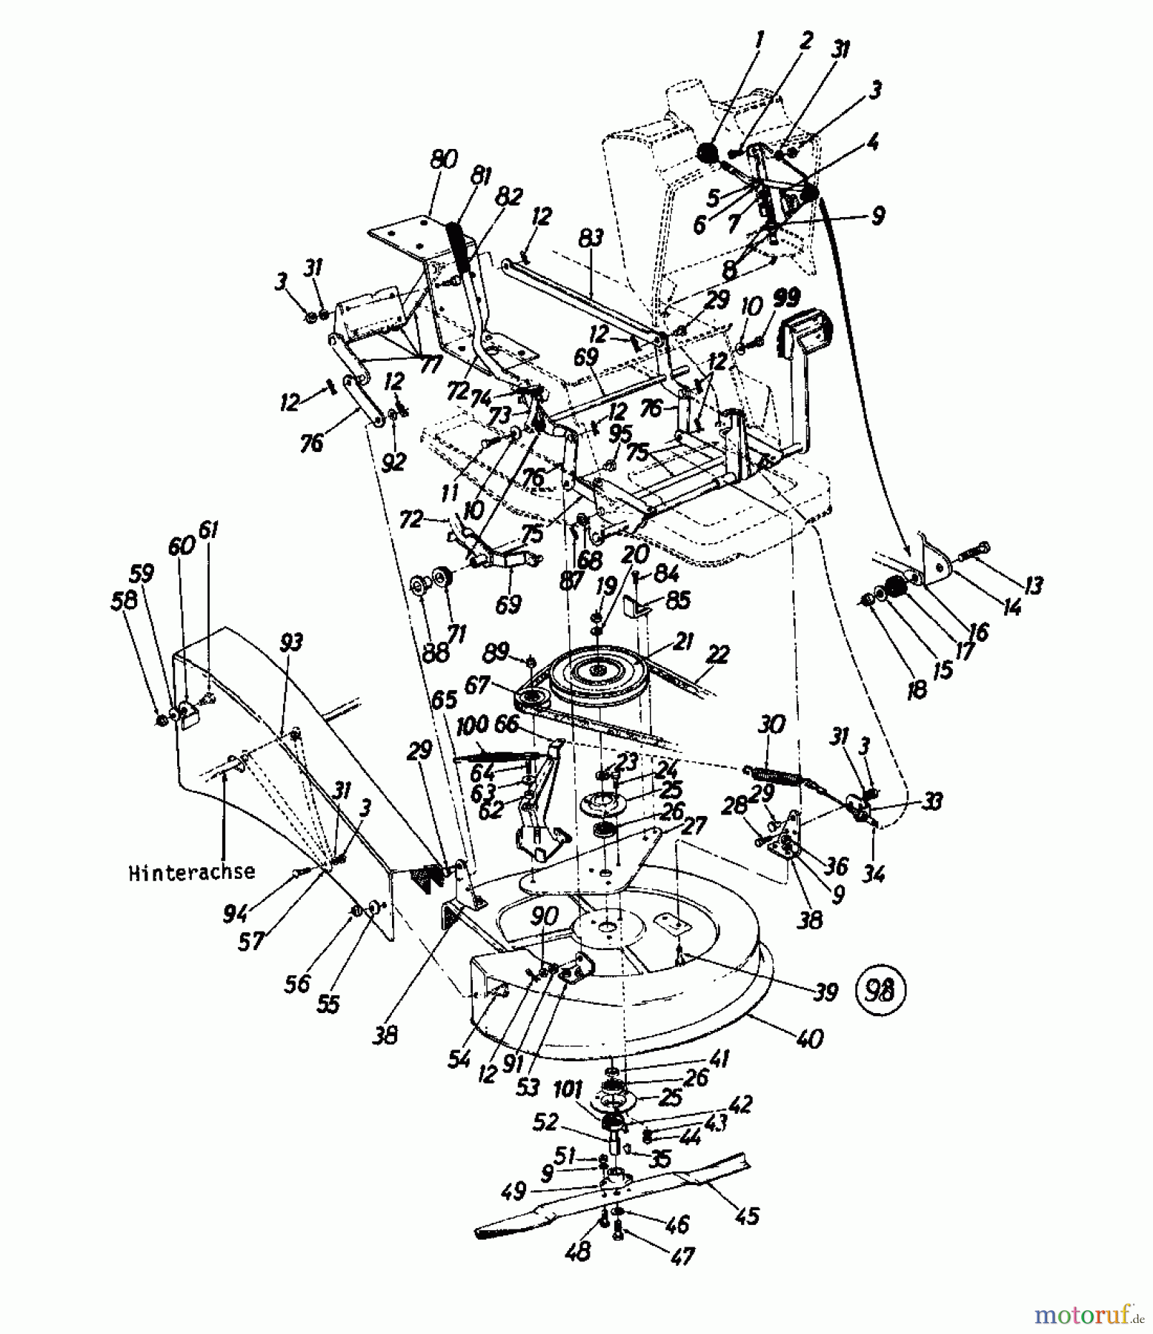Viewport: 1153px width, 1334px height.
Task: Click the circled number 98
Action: tap(880, 990)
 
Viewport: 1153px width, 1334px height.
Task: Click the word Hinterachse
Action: tap(191, 872)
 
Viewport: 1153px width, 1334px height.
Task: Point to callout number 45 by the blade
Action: tap(747, 1215)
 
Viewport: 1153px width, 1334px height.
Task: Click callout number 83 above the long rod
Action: tap(591, 239)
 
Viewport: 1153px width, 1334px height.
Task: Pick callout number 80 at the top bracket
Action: tap(443, 160)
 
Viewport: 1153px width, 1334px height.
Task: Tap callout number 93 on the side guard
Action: tap(292, 642)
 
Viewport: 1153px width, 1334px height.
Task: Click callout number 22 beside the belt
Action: tap(718, 654)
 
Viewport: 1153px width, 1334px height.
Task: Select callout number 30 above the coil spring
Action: tap(771, 724)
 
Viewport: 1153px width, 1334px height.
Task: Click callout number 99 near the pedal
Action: tap(785, 298)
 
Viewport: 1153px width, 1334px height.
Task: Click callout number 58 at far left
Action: tap(125, 600)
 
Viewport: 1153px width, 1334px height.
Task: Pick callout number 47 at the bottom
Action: tap(682, 1255)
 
